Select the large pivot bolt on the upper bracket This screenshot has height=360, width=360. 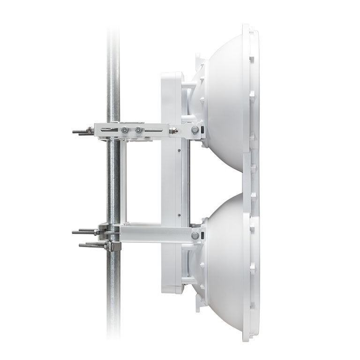click(195, 129)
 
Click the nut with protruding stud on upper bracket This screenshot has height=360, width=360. click(173, 130)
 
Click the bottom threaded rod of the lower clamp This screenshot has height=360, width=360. click(89, 245)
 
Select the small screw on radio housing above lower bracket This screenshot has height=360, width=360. click(180, 215)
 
